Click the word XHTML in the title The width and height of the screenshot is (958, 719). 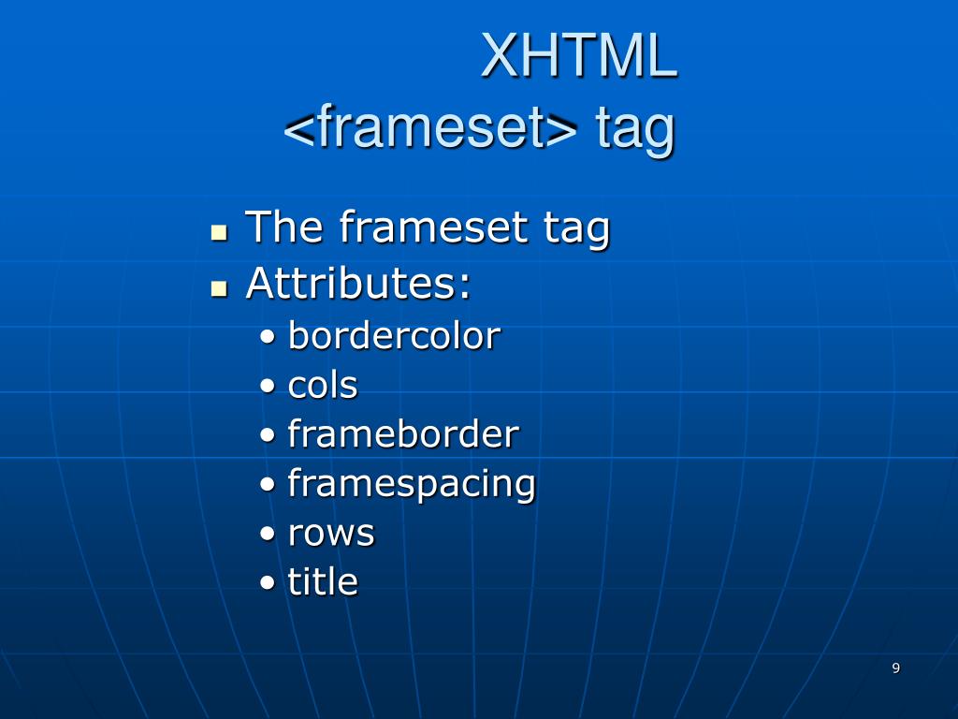pyautogui.click(x=579, y=56)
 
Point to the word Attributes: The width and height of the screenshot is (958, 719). pyautogui.click(x=358, y=284)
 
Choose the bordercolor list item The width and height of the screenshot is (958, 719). pyautogui.click(x=394, y=336)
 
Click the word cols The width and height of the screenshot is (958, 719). pyautogui.click(x=323, y=385)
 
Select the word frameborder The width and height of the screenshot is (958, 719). pyautogui.click(x=403, y=434)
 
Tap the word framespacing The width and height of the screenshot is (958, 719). pyautogui.click(x=412, y=484)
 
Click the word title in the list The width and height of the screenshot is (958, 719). pyautogui.click(x=323, y=582)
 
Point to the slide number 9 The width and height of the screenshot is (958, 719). pyautogui.click(x=895, y=668)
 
